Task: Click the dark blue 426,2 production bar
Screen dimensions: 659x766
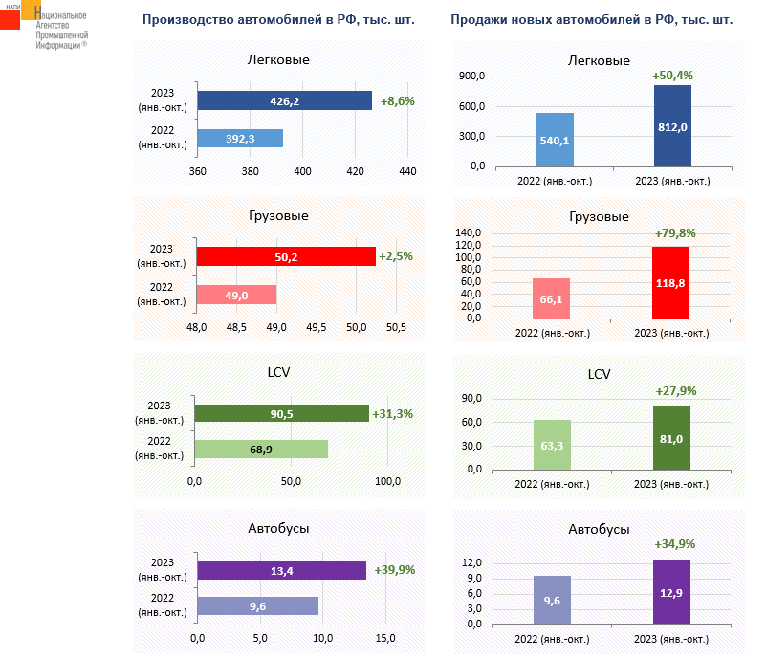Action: (284, 100)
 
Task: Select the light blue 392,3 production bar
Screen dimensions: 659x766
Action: (240, 138)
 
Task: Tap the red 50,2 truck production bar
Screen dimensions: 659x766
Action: (286, 256)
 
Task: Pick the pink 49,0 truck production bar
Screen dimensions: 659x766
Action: (236, 295)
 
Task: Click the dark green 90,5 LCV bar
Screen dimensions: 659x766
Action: (281, 413)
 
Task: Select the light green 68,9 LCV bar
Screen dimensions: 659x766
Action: (261, 450)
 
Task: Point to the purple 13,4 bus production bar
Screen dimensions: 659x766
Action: (282, 570)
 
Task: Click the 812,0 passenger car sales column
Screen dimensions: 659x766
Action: (672, 126)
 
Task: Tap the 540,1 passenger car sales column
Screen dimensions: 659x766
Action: (555, 140)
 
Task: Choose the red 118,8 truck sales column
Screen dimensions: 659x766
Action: (670, 282)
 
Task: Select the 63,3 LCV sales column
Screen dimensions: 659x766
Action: (552, 445)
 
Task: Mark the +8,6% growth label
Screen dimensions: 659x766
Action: (397, 100)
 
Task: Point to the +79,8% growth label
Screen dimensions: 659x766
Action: (674, 232)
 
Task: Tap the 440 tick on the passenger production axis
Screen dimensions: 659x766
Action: (407, 171)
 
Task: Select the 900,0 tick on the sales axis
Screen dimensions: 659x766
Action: (472, 77)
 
